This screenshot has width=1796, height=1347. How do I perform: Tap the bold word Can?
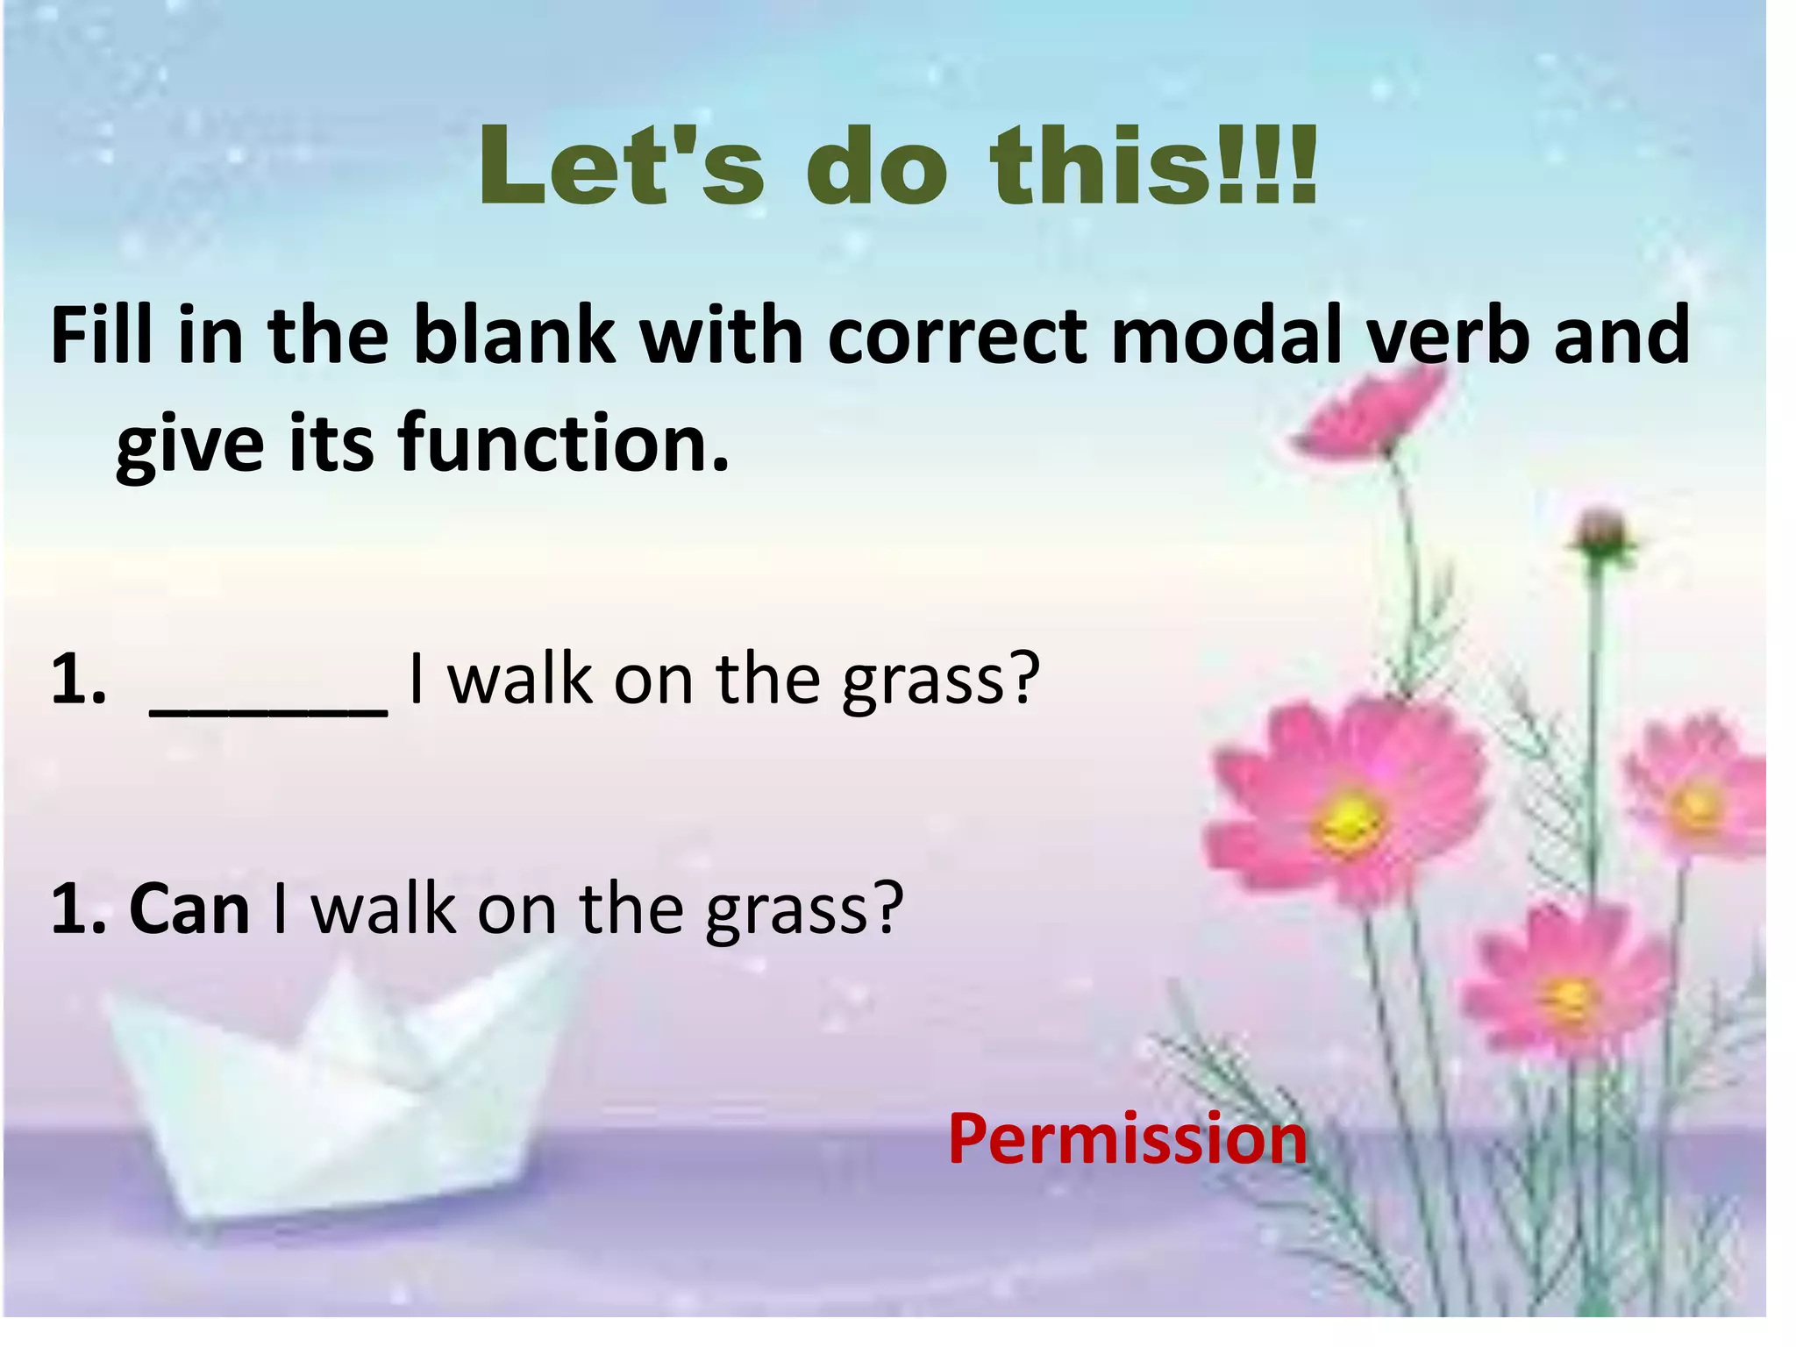(189, 909)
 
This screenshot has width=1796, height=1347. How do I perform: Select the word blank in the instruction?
(513, 335)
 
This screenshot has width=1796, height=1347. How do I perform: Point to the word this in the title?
(1101, 166)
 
